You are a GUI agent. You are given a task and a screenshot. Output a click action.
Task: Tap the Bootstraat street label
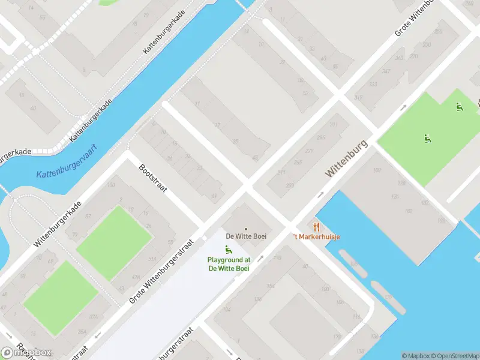[152, 178]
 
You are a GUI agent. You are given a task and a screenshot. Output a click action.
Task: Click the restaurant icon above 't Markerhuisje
[316, 226]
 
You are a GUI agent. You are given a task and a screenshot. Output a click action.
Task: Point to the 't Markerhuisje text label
[317, 237]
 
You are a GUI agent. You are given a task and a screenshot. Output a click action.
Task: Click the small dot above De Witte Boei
[245, 229]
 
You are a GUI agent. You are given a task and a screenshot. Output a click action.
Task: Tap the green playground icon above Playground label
[228, 250]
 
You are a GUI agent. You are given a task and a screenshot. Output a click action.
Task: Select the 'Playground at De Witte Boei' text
[229, 263]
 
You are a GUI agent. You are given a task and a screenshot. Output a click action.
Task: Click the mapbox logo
[26, 352]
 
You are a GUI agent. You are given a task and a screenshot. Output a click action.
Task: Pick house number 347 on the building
[386, 71]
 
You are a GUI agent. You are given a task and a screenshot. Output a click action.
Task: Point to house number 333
[373, 85]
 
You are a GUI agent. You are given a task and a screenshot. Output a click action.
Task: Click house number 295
[321, 137]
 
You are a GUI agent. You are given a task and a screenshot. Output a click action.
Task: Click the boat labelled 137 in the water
[388, 297]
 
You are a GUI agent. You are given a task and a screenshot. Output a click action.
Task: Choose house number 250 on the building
[438, 31]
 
